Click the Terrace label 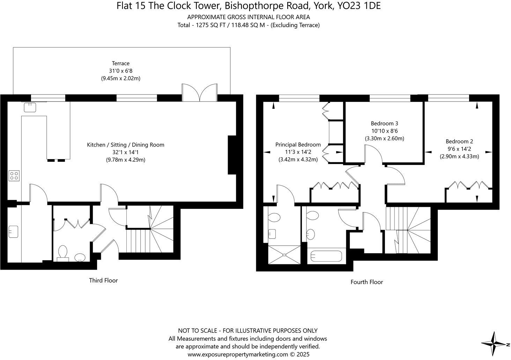click(120, 63)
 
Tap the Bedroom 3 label click(384, 123)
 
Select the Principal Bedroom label click(298, 144)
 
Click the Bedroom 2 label click(459, 141)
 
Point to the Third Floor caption click(103, 280)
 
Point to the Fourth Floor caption click(366, 282)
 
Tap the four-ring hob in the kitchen click(14, 175)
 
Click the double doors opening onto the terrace click(199, 93)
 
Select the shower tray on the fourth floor click(284, 256)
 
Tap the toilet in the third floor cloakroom click(63, 253)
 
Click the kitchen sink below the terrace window click(30, 107)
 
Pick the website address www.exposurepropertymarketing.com click(238, 354)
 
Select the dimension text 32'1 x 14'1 click(125, 152)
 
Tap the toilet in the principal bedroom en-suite click(274, 218)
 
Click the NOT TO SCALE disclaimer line click(248, 330)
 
